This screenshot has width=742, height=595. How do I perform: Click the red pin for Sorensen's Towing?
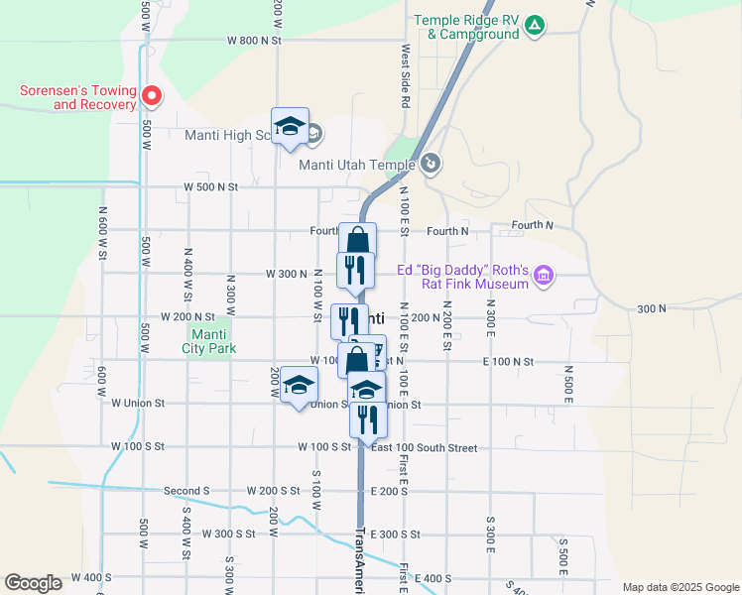[x=152, y=96]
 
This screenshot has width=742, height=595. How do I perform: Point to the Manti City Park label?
[x=209, y=341]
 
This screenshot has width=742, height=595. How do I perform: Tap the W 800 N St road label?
[x=255, y=41]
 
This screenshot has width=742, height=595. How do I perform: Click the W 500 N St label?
[x=211, y=186]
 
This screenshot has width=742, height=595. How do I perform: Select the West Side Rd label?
[x=406, y=75]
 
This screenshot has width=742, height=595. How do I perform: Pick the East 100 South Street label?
[x=424, y=448]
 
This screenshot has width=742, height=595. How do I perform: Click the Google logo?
[x=33, y=583]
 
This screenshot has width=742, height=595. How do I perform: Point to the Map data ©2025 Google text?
[x=680, y=587]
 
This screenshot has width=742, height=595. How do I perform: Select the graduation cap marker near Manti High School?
[x=290, y=127]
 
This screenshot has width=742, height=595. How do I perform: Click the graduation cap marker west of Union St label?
[x=298, y=387]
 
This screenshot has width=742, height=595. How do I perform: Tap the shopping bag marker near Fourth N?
[x=358, y=240]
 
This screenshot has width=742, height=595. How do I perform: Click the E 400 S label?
[x=433, y=578]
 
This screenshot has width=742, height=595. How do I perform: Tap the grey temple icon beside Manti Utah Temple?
[x=431, y=164]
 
